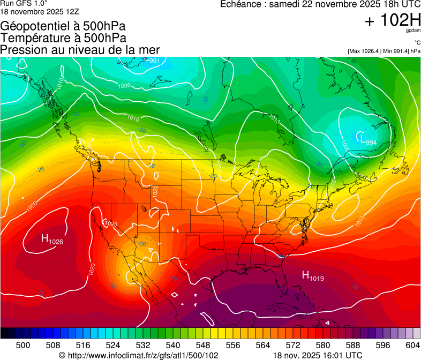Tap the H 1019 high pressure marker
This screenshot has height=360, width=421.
tap(313, 276)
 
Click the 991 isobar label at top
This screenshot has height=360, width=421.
tap(154, 61)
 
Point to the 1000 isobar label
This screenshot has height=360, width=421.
tap(124, 86)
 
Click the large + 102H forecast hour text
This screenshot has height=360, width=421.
tap(392, 21)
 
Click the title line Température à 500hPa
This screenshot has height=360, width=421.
tap(63, 38)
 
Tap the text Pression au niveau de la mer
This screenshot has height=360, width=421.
tap(80, 50)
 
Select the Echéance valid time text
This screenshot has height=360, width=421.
tap(320, 4)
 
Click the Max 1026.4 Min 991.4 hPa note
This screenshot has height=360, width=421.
tap(384, 51)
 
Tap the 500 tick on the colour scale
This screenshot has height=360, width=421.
tap(23, 345)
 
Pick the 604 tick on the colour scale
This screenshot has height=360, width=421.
tap(412, 345)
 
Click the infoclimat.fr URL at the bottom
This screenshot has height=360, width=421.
tap(138, 355)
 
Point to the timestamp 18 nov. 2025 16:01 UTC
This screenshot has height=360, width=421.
tap(318, 355)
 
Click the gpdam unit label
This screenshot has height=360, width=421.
tap(413, 31)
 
